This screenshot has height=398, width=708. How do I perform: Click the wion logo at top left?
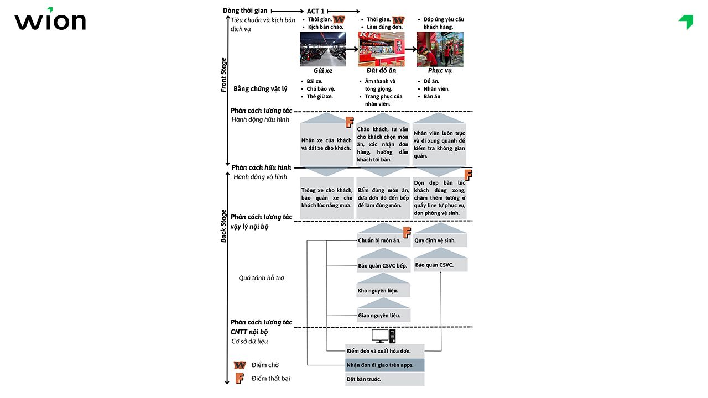pos(50,20)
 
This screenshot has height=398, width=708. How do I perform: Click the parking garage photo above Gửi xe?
pos(322,49)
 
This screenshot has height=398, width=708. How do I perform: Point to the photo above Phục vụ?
pos(440,49)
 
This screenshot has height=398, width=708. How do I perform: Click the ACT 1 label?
pos(315,11)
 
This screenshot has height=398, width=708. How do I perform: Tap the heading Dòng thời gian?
pos(245,11)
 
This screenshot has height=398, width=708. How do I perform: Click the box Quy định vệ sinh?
pos(440,240)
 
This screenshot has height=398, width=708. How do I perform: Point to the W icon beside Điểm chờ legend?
pos(240,365)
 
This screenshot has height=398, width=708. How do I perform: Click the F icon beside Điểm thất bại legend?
pos(240,379)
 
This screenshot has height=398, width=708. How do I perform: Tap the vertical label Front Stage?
pos(223,75)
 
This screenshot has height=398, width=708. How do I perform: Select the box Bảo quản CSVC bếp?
pos(383,266)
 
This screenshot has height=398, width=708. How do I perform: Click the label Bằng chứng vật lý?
pos(260,88)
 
